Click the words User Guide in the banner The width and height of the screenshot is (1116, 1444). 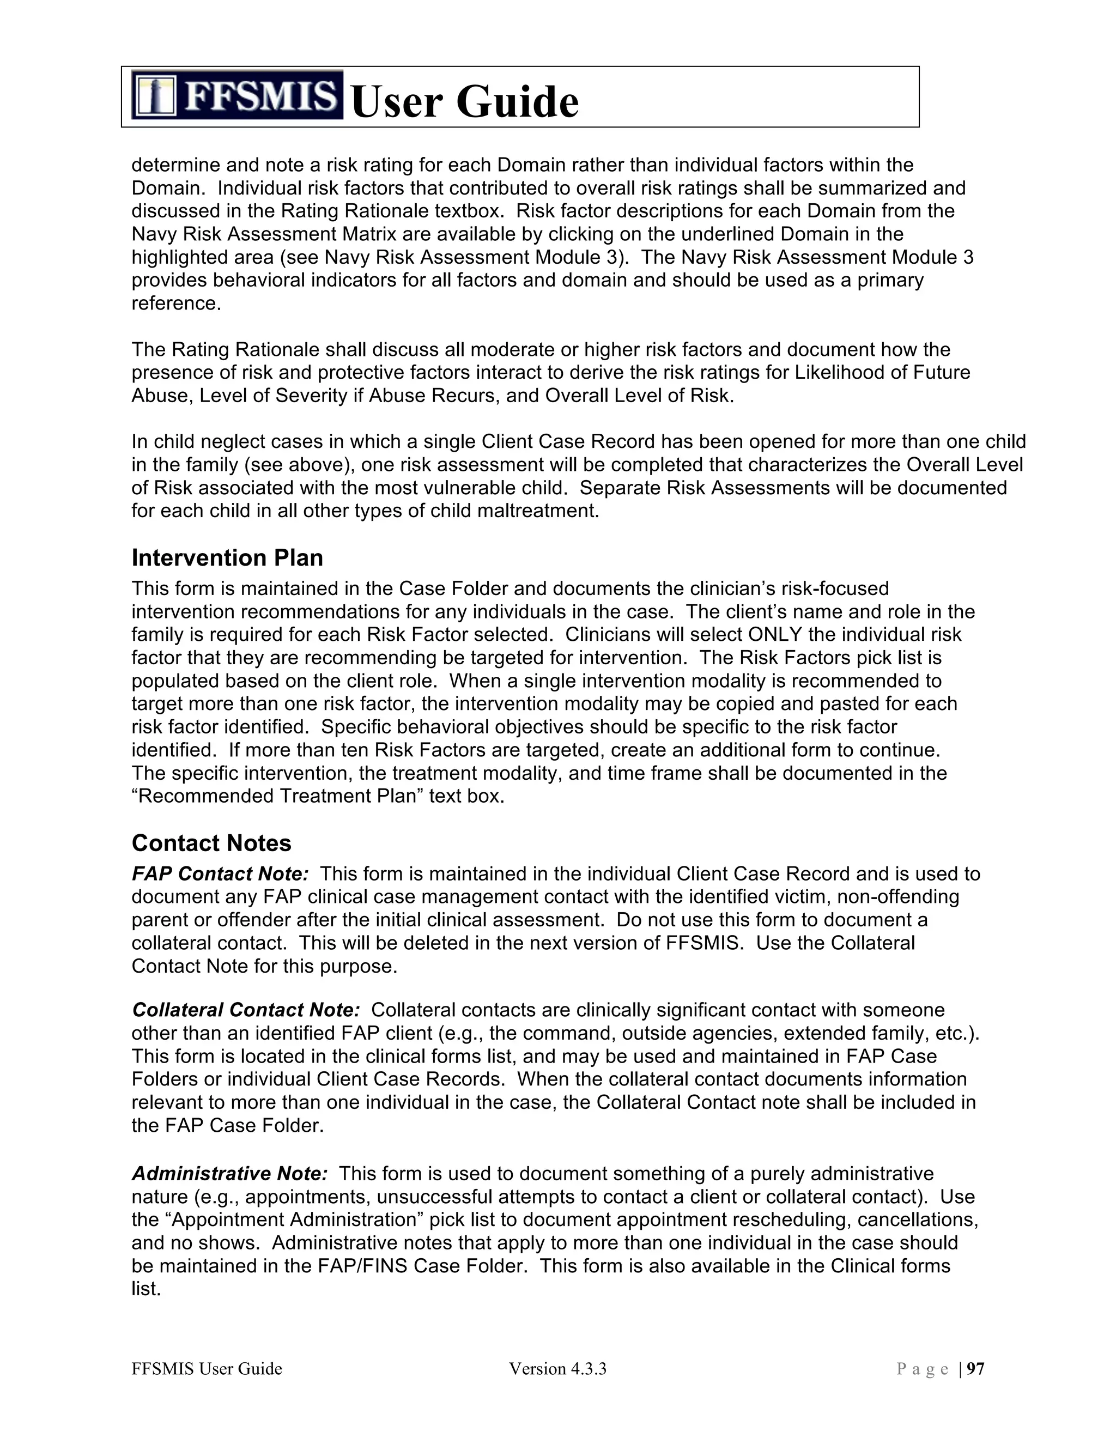click(464, 102)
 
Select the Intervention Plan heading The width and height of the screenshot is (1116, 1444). click(227, 558)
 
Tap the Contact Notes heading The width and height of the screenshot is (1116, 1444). click(211, 843)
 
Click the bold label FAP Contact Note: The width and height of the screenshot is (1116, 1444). click(220, 874)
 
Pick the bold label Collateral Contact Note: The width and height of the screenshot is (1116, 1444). click(245, 1010)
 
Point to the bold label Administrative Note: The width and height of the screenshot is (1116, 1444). click(229, 1174)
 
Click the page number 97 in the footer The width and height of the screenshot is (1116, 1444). click(975, 1369)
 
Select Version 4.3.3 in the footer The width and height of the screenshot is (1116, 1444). click(557, 1369)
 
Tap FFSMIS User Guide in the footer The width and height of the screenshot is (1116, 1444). click(207, 1369)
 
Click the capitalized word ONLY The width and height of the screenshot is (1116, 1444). click(775, 635)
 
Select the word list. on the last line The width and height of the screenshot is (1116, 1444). click(146, 1289)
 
